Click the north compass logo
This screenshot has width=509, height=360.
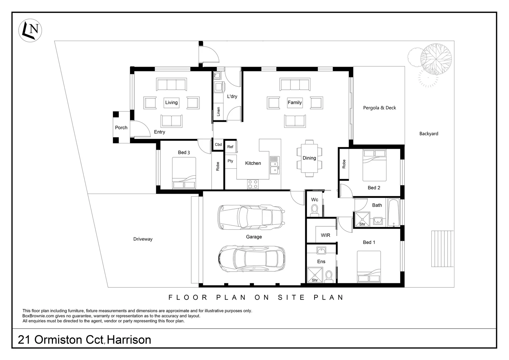tap(30, 30)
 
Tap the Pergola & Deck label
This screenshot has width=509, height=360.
tap(379, 108)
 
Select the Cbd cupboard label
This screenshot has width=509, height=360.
tap(218, 145)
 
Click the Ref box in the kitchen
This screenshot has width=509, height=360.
tap(230, 147)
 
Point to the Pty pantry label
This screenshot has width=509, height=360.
tap(230, 161)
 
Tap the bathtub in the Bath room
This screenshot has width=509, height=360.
tap(393, 213)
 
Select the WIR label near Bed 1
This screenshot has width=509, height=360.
tap(325, 235)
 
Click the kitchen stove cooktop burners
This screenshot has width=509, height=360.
tap(253, 184)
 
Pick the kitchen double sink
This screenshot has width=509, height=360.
tap(274, 166)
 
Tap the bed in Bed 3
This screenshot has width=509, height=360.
tap(184, 173)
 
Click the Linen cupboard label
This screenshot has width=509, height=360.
tap(219, 111)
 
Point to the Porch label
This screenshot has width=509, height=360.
tap(121, 128)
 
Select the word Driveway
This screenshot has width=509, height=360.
tap(143, 239)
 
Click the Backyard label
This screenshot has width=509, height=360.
tap(428, 134)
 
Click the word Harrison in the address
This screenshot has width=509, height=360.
tap(130, 340)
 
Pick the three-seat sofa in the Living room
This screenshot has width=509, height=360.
tap(172, 85)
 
